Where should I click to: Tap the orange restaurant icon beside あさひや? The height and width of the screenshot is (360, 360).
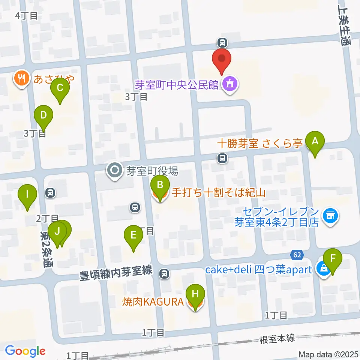21,78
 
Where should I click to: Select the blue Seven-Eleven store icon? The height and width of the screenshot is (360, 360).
330,216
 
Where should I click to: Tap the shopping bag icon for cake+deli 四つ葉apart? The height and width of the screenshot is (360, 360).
322,268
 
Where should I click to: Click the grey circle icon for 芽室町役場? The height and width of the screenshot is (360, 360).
114,171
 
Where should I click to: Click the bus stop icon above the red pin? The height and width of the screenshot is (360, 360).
222,42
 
